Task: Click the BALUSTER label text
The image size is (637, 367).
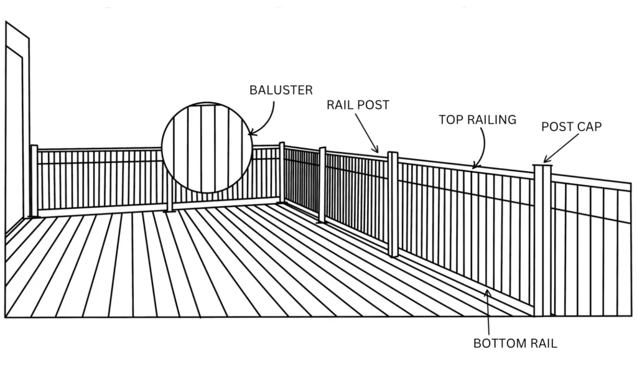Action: (x=281, y=90)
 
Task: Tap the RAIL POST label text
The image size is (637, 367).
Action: (x=358, y=105)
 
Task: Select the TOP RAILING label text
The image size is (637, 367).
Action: (x=477, y=119)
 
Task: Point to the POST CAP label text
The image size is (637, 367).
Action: (x=571, y=127)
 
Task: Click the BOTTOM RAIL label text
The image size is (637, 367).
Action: (x=515, y=343)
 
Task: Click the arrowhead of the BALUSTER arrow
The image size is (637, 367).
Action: (x=250, y=132)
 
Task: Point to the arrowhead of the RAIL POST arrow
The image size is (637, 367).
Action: (x=377, y=151)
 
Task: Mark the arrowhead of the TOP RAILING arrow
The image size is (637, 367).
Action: (x=474, y=167)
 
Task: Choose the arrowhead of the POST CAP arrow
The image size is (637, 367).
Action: (x=545, y=161)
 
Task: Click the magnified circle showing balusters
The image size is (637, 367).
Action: (x=207, y=147)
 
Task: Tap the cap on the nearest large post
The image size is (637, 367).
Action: (x=542, y=166)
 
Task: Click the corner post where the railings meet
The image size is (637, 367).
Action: (x=282, y=173)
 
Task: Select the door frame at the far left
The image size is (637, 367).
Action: (x=15, y=124)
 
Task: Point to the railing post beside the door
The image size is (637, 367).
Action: (x=34, y=180)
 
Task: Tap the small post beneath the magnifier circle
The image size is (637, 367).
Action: (x=170, y=202)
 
